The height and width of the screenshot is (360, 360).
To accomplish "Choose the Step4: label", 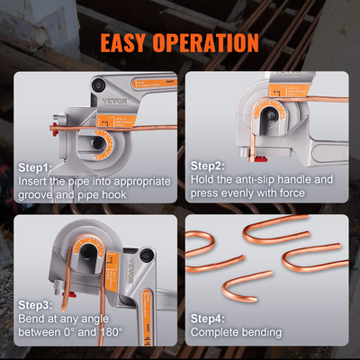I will coord(211,318).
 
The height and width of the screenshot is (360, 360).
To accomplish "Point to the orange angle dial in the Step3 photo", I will coord(93,247).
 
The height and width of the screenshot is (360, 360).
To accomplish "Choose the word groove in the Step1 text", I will coord(39,193).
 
